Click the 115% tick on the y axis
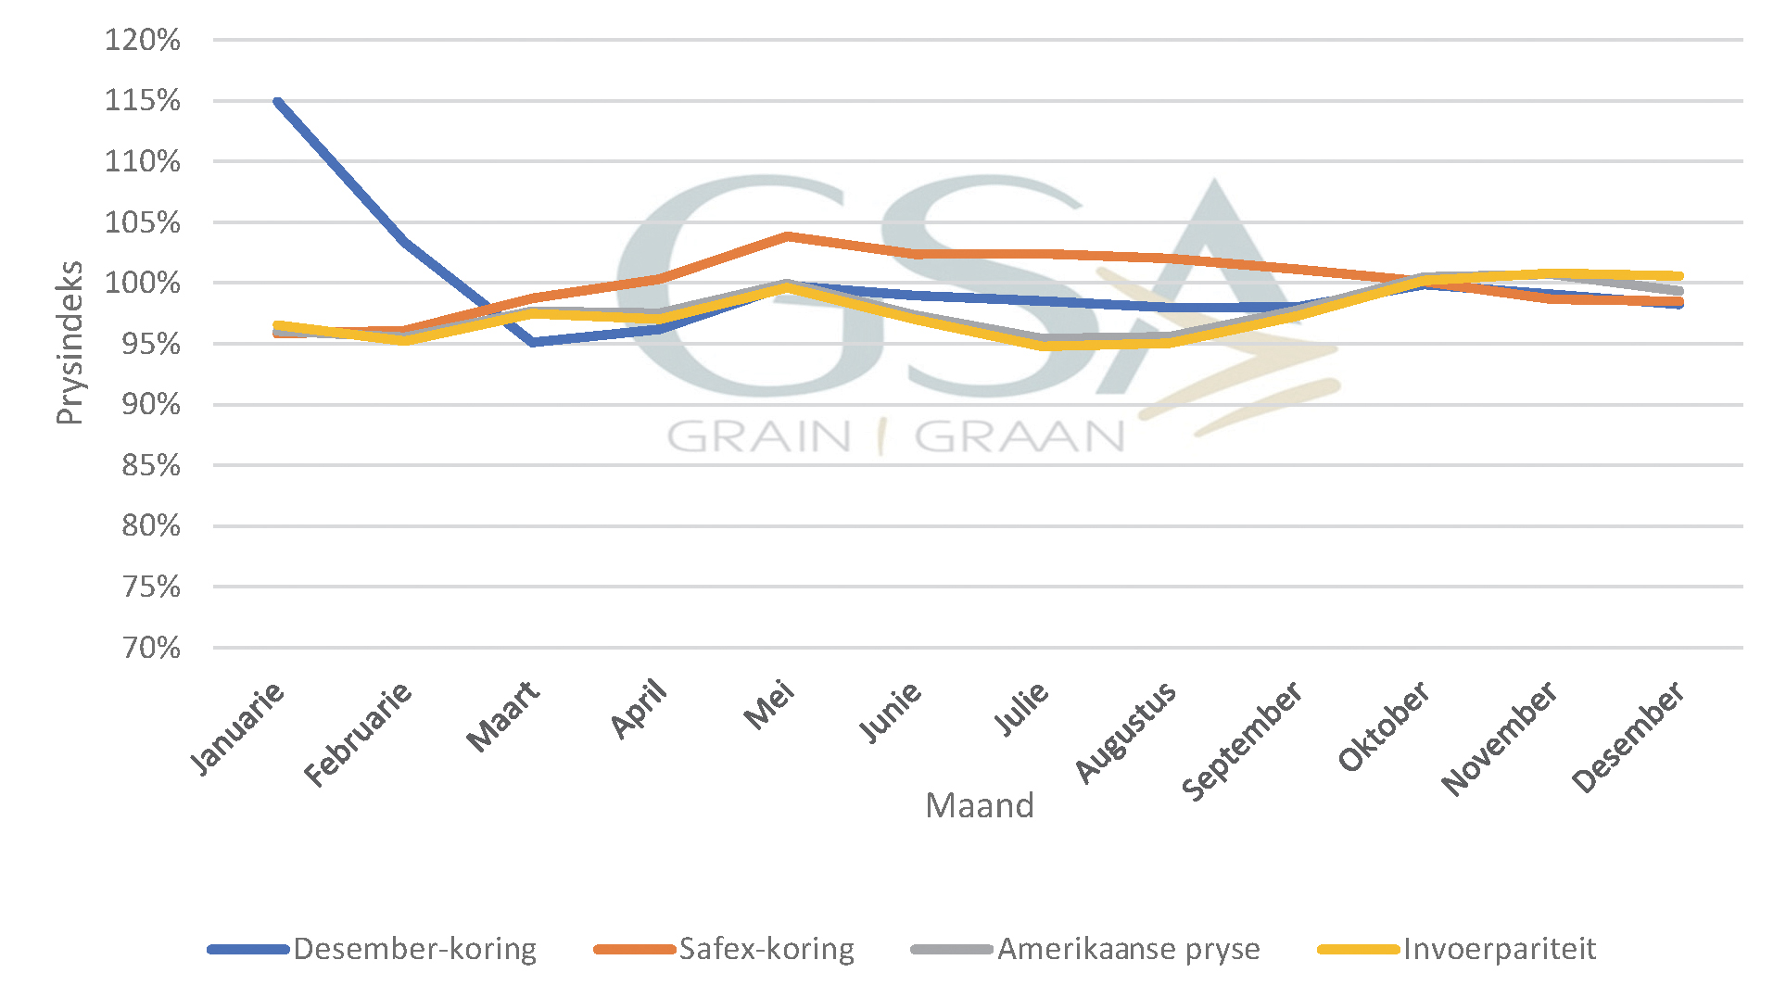click(142, 100)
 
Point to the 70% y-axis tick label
click(150, 647)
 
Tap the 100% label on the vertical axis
click(142, 283)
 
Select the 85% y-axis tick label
click(150, 465)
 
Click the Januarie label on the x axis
click(237, 728)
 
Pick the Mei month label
click(769, 706)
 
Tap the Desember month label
click(1628, 738)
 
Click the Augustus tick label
click(1125, 732)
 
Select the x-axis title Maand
click(979, 806)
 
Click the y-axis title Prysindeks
click(70, 343)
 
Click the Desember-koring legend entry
click(414, 949)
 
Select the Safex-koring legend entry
click(766, 949)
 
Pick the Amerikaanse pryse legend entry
click(1128, 949)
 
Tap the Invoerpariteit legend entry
click(1499, 949)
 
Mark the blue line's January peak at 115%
click(278, 101)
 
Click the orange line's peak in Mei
click(787, 236)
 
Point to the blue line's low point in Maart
click(533, 343)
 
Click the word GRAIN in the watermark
click(759, 436)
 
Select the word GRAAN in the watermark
click(1020, 436)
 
